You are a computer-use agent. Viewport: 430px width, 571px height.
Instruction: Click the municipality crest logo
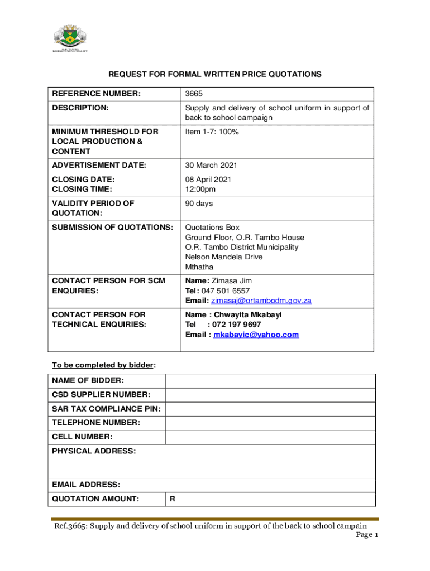(x=70, y=37)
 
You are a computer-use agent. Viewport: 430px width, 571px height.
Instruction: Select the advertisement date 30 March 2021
(x=211, y=165)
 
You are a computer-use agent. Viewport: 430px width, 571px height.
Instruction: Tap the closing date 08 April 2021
(x=208, y=180)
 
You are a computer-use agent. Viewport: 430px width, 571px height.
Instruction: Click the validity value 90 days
(x=199, y=204)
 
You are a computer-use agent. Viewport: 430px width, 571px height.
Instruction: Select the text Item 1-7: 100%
(x=212, y=132)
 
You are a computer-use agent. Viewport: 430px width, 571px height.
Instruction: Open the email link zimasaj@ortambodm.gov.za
(x=261, y=301)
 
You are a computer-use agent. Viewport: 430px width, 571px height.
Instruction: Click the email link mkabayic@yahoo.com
(x=256, y=335)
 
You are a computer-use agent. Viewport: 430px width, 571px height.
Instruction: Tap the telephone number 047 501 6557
(x=224, y=291)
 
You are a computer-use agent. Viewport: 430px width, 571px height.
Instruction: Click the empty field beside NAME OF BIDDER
(x=270, y=381)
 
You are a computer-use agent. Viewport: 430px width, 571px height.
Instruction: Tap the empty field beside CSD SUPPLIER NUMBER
(x=270, y=395)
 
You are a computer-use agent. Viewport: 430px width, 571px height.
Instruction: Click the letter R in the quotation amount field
(x=173, y=499)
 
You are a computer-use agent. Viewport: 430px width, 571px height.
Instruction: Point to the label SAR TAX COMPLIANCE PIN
(x=106, y=409)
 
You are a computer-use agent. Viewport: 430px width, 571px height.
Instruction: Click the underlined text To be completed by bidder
(x=103, y=365)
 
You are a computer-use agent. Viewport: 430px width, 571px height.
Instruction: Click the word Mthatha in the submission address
(x=199, y=267)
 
